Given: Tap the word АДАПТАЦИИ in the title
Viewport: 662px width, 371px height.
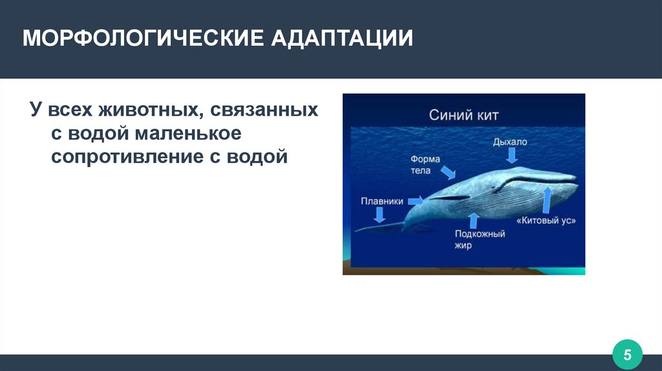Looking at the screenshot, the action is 342,38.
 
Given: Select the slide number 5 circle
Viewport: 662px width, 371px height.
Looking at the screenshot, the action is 627,355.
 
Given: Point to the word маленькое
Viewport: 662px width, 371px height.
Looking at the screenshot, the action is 188,133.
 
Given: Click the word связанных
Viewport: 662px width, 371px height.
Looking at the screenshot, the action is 264,110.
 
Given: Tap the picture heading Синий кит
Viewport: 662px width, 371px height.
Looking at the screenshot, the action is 464,115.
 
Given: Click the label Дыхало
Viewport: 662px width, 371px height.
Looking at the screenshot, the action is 509,142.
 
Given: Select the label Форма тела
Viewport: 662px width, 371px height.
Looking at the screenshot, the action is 425,165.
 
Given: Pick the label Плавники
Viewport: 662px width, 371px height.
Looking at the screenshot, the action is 381,201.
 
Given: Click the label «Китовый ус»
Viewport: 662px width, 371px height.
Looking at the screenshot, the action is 546,220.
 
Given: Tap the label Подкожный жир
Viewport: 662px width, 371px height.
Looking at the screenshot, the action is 479,239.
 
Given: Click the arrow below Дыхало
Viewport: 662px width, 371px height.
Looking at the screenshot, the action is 512,156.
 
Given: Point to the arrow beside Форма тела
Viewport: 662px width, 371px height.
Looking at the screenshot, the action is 448,172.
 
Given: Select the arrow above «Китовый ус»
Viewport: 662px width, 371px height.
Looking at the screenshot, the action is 547,200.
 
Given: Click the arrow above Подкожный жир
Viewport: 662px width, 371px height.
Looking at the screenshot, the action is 474,221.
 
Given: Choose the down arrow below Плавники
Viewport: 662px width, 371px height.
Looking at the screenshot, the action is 379,215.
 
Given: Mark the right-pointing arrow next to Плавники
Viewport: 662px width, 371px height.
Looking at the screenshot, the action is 416,200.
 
